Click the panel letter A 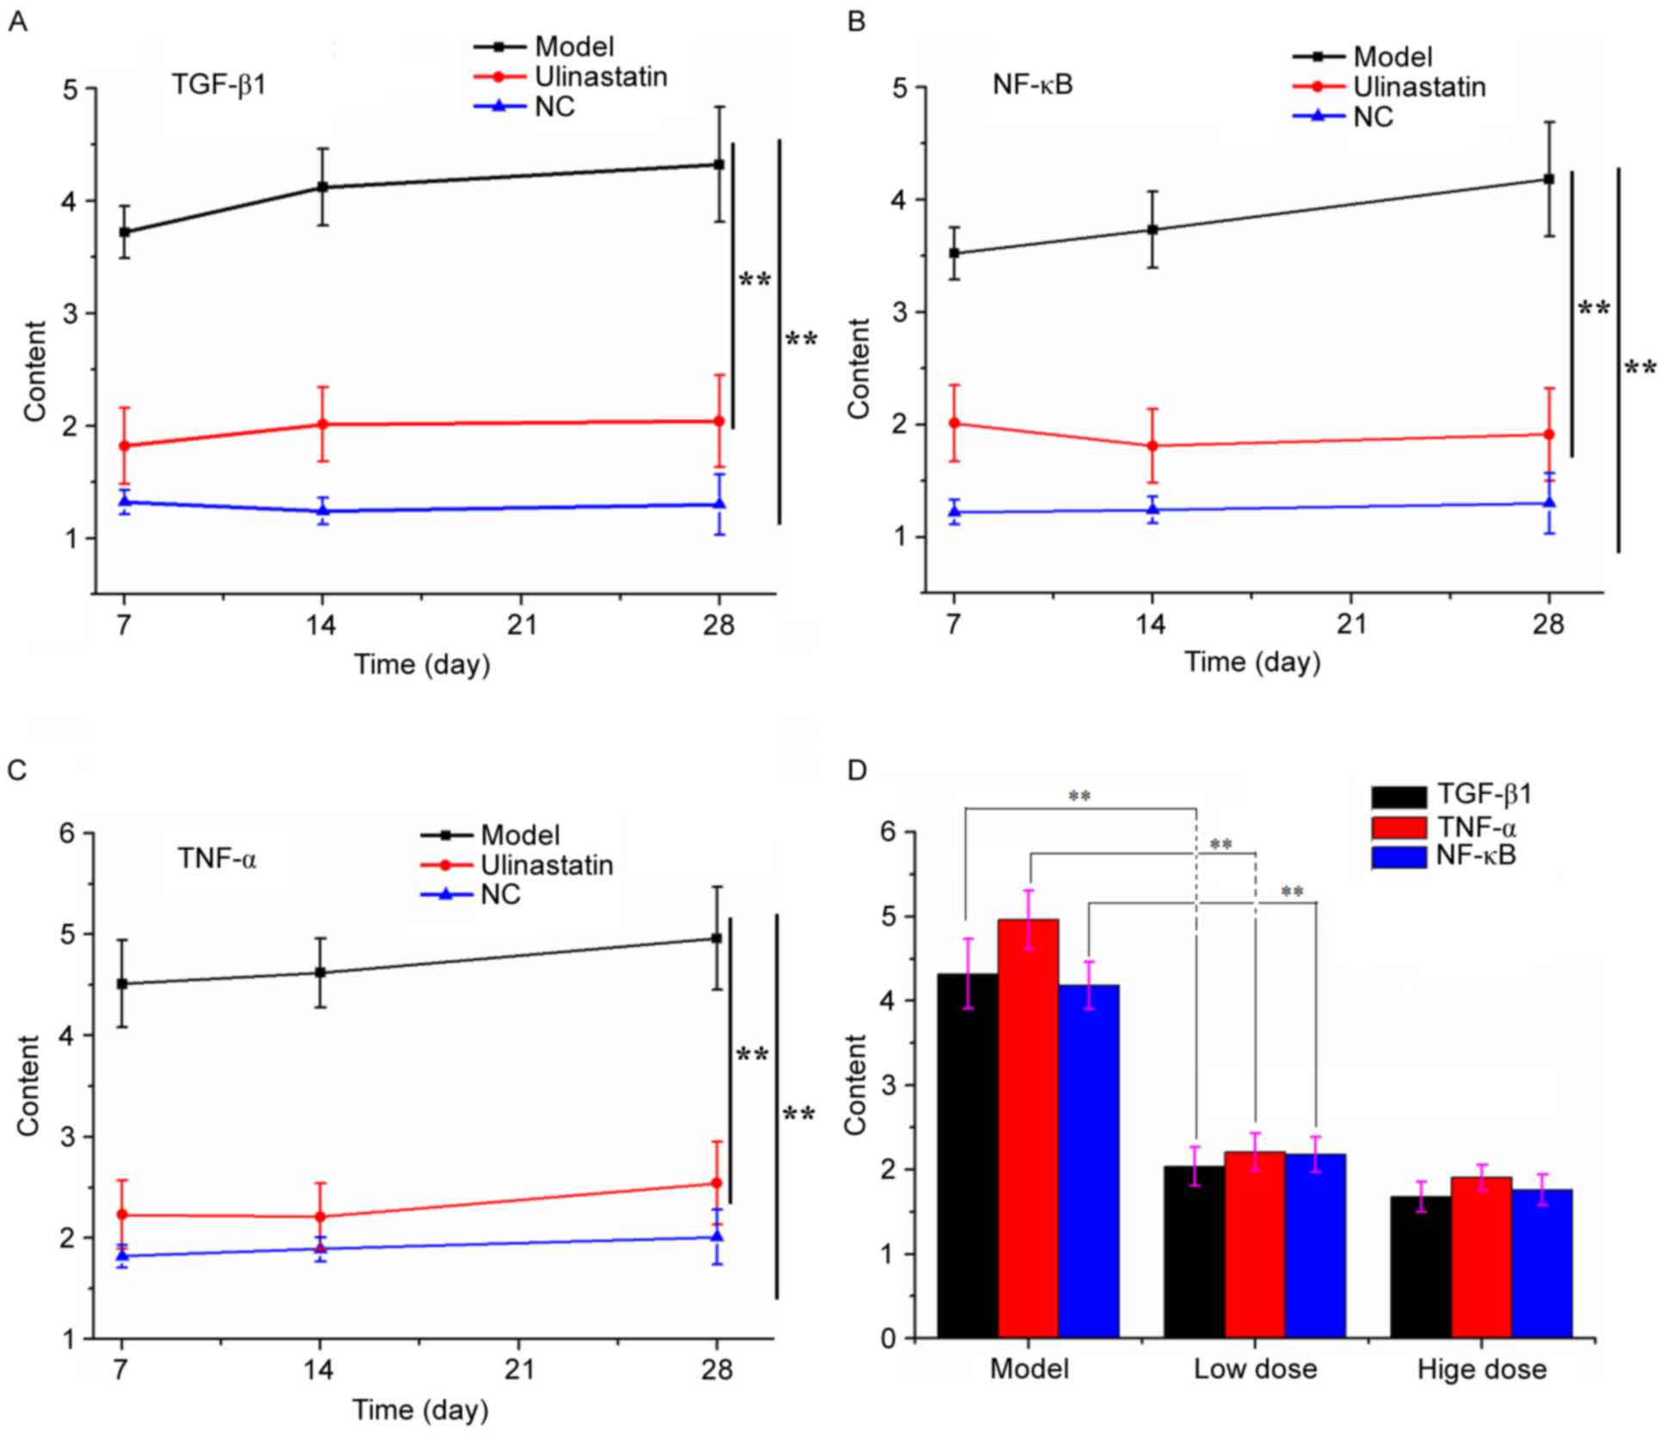[x=16, y=22]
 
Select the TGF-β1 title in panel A [x=218, y=84]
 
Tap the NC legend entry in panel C [x=500, y=894]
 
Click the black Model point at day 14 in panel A [x=323, y=187]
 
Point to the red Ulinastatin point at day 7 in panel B [x=954, y=423]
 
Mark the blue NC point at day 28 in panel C [x=716, y=1237]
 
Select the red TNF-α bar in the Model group [x=1028, y=1128]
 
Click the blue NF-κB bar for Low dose [x=1315, y=1245]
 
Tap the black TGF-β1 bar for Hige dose [x=1420, y=1266]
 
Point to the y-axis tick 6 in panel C [x=66, y=833]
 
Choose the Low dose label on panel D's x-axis [x=1255, y=1369]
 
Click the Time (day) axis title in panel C [x=420, y=1409]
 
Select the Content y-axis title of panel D [x=856, y=1085]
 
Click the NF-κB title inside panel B [x=1033, y=85]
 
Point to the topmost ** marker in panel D [x=1079, y=796]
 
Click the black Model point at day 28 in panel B [x=1548, y=179]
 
